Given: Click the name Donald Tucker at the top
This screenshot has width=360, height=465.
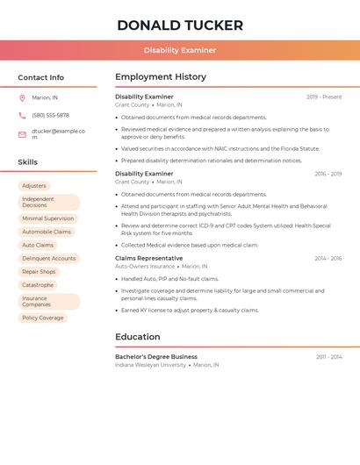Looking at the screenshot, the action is (x=180, y=25).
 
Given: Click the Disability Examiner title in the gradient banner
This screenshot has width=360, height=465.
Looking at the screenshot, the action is (x=180, y=50).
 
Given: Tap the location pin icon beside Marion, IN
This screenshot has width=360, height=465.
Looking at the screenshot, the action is (x=22, y=97).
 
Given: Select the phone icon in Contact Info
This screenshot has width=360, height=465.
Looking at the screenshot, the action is (x=22, y=115).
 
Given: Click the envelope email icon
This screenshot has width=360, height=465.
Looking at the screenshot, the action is (x=22, y=134).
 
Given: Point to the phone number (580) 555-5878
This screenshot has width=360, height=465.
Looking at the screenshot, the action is (x=50, y=115).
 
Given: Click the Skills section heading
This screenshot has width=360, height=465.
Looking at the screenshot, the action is (x=28, y=162).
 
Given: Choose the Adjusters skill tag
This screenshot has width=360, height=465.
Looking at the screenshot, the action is (x=34, y=186).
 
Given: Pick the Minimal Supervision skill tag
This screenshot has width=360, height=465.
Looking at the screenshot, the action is (x=47, y=218).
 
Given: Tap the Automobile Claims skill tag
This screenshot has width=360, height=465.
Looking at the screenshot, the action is (x=47, y=232).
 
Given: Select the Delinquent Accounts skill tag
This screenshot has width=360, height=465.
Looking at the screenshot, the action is (x=49, y=258).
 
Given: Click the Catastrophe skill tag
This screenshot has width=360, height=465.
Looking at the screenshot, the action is (x=38, y=284).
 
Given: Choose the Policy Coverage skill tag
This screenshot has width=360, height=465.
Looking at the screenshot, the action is (x=43, y=318).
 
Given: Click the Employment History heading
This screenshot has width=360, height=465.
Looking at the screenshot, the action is (x=161, y=77).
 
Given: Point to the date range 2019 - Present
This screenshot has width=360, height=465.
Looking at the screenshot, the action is (x=324, y=97).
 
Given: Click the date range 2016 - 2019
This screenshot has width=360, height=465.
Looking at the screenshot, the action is (x=328, y=174).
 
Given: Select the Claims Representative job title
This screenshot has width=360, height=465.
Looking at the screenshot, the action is (x=149, y=258).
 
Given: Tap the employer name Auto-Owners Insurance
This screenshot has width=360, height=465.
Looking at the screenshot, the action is (x=145, y=266).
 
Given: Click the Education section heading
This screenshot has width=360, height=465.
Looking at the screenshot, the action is (x=138, y=337).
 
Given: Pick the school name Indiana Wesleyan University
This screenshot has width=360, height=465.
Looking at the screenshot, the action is (x=150, y=364).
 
